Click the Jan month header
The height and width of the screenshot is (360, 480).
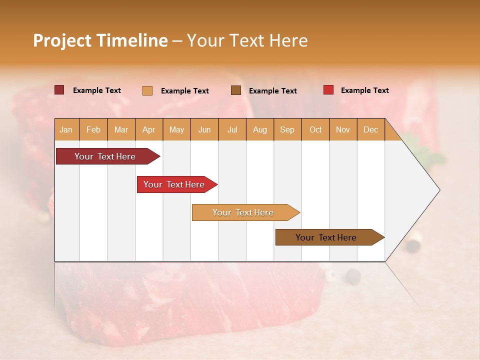click(x=66, y=129)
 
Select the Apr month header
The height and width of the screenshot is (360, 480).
click(x=149, y=129)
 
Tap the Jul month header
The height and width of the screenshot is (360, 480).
click(x=232, y=129)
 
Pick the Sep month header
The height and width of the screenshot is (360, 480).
click(x=287, y=129)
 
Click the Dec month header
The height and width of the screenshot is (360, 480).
click(x=370, y=129)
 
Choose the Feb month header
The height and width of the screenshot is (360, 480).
click(x=93, y=129)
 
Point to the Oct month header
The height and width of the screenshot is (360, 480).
click(x=315, y=129)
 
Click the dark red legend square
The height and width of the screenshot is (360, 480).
click(x=59, y=90)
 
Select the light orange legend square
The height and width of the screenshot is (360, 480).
click(x=147, y=90)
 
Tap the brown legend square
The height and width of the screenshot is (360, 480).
click(x=236, y=90)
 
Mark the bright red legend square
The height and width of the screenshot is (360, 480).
click(x=328, y=90)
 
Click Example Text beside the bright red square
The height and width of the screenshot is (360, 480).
click(x=364, y=90)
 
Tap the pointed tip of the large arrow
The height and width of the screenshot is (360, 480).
click(x=438, y=190)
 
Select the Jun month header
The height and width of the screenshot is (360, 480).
click(x=204, y=129)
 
